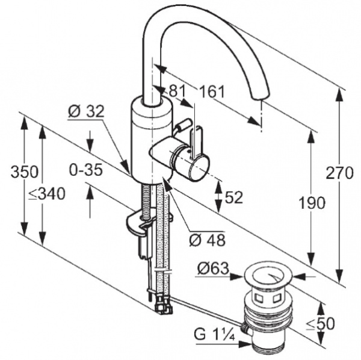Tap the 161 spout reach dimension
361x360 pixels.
click(212, 92)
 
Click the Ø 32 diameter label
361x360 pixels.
click(87, 111)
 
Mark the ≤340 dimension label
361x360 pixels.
click(48, 193)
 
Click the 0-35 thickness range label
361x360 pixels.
click(85, 170)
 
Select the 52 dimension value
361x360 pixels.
click(233, 197)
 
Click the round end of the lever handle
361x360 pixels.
click(197, 166)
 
